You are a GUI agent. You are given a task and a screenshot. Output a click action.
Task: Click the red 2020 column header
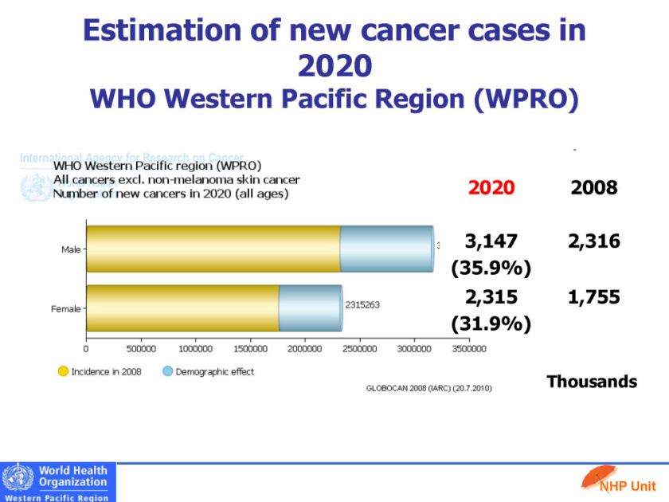[x=491, y=187]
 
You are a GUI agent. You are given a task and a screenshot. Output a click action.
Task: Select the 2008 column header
[x=594, y=187]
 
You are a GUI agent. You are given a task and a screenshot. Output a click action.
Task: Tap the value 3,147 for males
[x=491, y=241]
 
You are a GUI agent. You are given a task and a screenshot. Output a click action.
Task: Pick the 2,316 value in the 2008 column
[x=594, y=241]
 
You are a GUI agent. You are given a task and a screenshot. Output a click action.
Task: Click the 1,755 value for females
[x=594, y=297]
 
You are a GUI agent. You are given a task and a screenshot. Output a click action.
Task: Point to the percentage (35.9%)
[x=491, y=269]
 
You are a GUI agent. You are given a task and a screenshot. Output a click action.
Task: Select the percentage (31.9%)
[x=491, y=324]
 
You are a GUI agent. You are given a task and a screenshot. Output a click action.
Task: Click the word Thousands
[x=592, y=382]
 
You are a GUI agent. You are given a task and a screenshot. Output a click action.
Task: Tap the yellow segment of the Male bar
[x=213, y=249]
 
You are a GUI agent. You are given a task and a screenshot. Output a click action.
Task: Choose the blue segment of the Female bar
[x=311, y=308]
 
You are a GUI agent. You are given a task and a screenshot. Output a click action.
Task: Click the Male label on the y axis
[x=71, y=250]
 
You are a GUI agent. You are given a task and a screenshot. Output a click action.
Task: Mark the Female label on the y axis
[x=66, y=308]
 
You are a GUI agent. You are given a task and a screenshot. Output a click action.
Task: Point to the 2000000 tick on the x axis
[x=304, y=349]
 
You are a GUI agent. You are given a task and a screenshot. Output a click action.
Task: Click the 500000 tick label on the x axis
[x=140, y=349]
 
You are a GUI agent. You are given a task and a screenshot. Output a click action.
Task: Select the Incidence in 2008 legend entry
[x=100, y=371]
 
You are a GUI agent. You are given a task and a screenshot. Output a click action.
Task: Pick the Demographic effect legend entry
[x=209, y=371]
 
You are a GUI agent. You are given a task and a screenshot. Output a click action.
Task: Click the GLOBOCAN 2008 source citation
[x=428, y=388]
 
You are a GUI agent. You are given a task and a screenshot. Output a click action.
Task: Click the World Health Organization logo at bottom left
[x=58, y=482]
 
